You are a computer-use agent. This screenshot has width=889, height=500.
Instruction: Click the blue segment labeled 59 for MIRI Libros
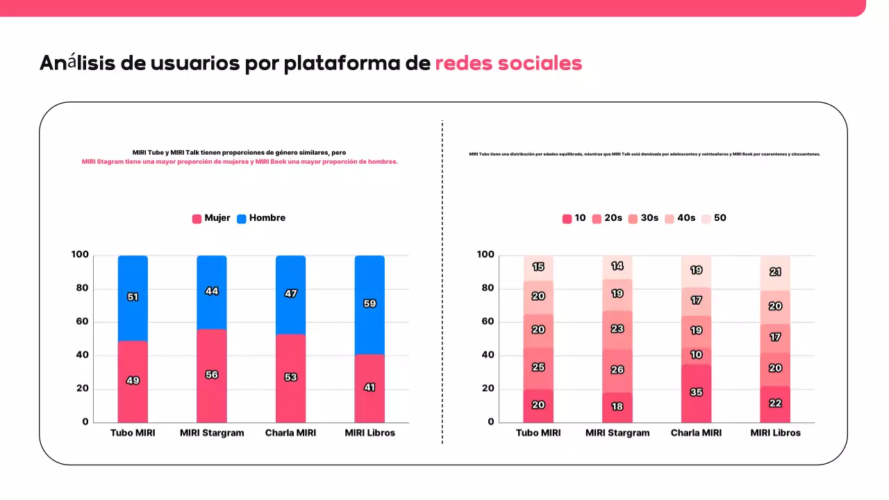[369, 303]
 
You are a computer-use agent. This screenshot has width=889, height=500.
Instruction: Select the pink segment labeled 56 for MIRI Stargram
[212, 375]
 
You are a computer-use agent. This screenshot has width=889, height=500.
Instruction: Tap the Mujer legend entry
[211, 218]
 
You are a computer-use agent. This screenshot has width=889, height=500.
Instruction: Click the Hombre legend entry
[261, 218]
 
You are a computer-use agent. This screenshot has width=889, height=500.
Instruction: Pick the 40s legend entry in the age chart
[680, 218]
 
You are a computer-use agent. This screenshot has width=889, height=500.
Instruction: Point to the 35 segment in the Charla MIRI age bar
[696, 392]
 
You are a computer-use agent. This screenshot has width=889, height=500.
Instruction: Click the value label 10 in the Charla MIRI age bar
[696, 355]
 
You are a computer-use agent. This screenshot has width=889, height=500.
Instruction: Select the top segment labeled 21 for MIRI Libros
[775, 272]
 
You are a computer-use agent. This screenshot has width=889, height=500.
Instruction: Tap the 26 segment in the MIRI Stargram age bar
[617, 369]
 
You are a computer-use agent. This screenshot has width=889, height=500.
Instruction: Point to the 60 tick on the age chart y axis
[487, 322]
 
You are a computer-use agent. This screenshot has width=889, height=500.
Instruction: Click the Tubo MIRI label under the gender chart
[133, 433]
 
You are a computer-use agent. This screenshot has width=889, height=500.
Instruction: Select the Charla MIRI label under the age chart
[696, 433]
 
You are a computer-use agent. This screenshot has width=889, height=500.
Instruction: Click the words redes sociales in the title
[508, 63]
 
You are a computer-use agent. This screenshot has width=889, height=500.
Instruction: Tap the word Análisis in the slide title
[77, 63]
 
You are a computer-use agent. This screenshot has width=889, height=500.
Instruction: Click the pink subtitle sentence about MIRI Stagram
[240, 162]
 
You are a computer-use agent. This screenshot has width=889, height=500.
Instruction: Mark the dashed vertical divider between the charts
[442, 278]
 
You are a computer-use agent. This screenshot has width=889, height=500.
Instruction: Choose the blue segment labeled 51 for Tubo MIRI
[133, 297]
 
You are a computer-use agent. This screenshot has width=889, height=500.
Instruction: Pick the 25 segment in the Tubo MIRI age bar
[538, 367]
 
